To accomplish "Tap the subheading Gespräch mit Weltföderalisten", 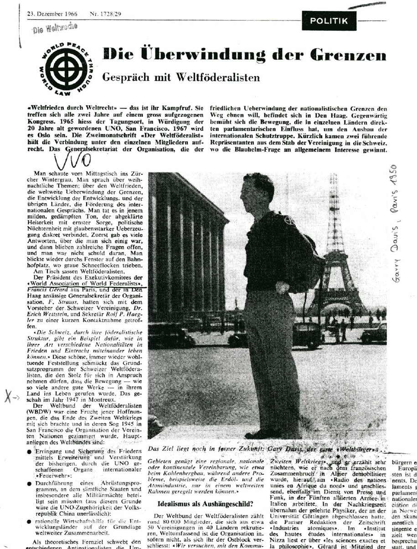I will coord(181,77).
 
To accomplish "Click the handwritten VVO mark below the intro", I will coord(72,159).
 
